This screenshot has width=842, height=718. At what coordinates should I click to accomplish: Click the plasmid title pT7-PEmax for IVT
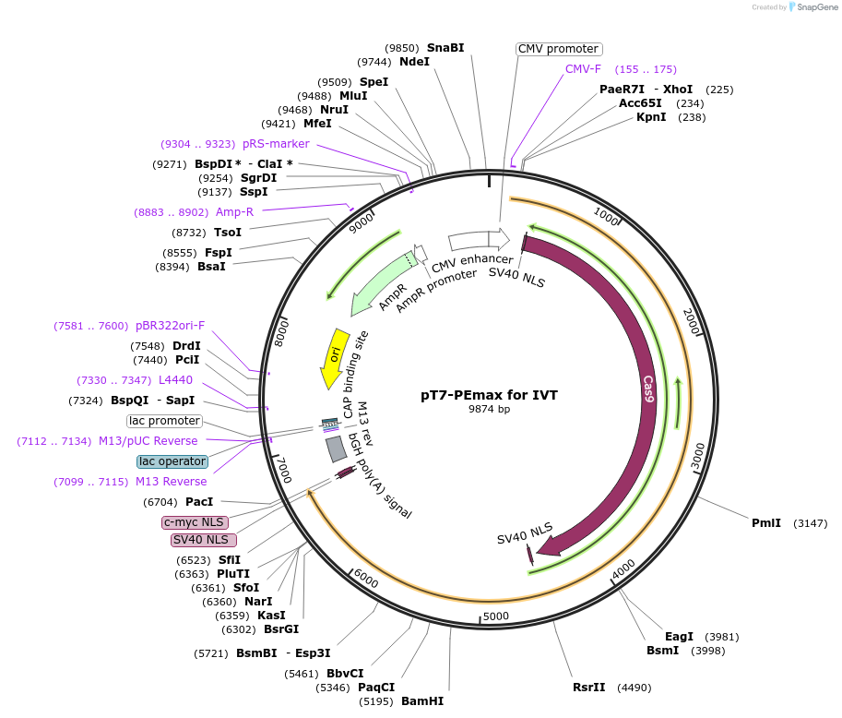[x=489, y=394]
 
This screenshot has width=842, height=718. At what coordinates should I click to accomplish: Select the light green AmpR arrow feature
[x=379, y=286]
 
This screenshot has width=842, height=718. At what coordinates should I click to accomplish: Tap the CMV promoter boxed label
[x=558, y=49]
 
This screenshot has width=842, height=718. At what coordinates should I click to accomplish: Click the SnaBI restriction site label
[x=445, y=47]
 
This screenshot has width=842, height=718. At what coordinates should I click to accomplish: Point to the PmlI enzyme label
[x=765, y=523]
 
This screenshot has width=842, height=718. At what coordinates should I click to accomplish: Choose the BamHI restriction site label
[x=422, y=701]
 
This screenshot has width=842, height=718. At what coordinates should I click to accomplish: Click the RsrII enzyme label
[x=589, y=688]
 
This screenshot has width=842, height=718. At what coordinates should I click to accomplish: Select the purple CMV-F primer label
[x=583, y=69]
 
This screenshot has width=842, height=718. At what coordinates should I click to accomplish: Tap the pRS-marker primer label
[x=276, y=144]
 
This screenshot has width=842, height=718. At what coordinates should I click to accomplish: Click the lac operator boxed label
[x=172, y=461]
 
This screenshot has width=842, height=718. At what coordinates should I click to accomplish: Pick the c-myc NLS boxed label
[x=195, y=523]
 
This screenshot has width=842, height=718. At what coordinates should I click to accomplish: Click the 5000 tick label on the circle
[x=495, y=616]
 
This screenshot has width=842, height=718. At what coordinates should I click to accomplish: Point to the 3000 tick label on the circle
[x=698, y=454]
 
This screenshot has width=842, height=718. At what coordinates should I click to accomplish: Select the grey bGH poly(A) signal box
[x=337, y=449]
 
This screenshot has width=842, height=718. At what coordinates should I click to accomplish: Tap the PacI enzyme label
[x=199, y=502]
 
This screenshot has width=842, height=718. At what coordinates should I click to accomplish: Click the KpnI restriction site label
[x=651, y=117]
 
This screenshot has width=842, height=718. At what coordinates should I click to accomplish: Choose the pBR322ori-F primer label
[x=171, y=326]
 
